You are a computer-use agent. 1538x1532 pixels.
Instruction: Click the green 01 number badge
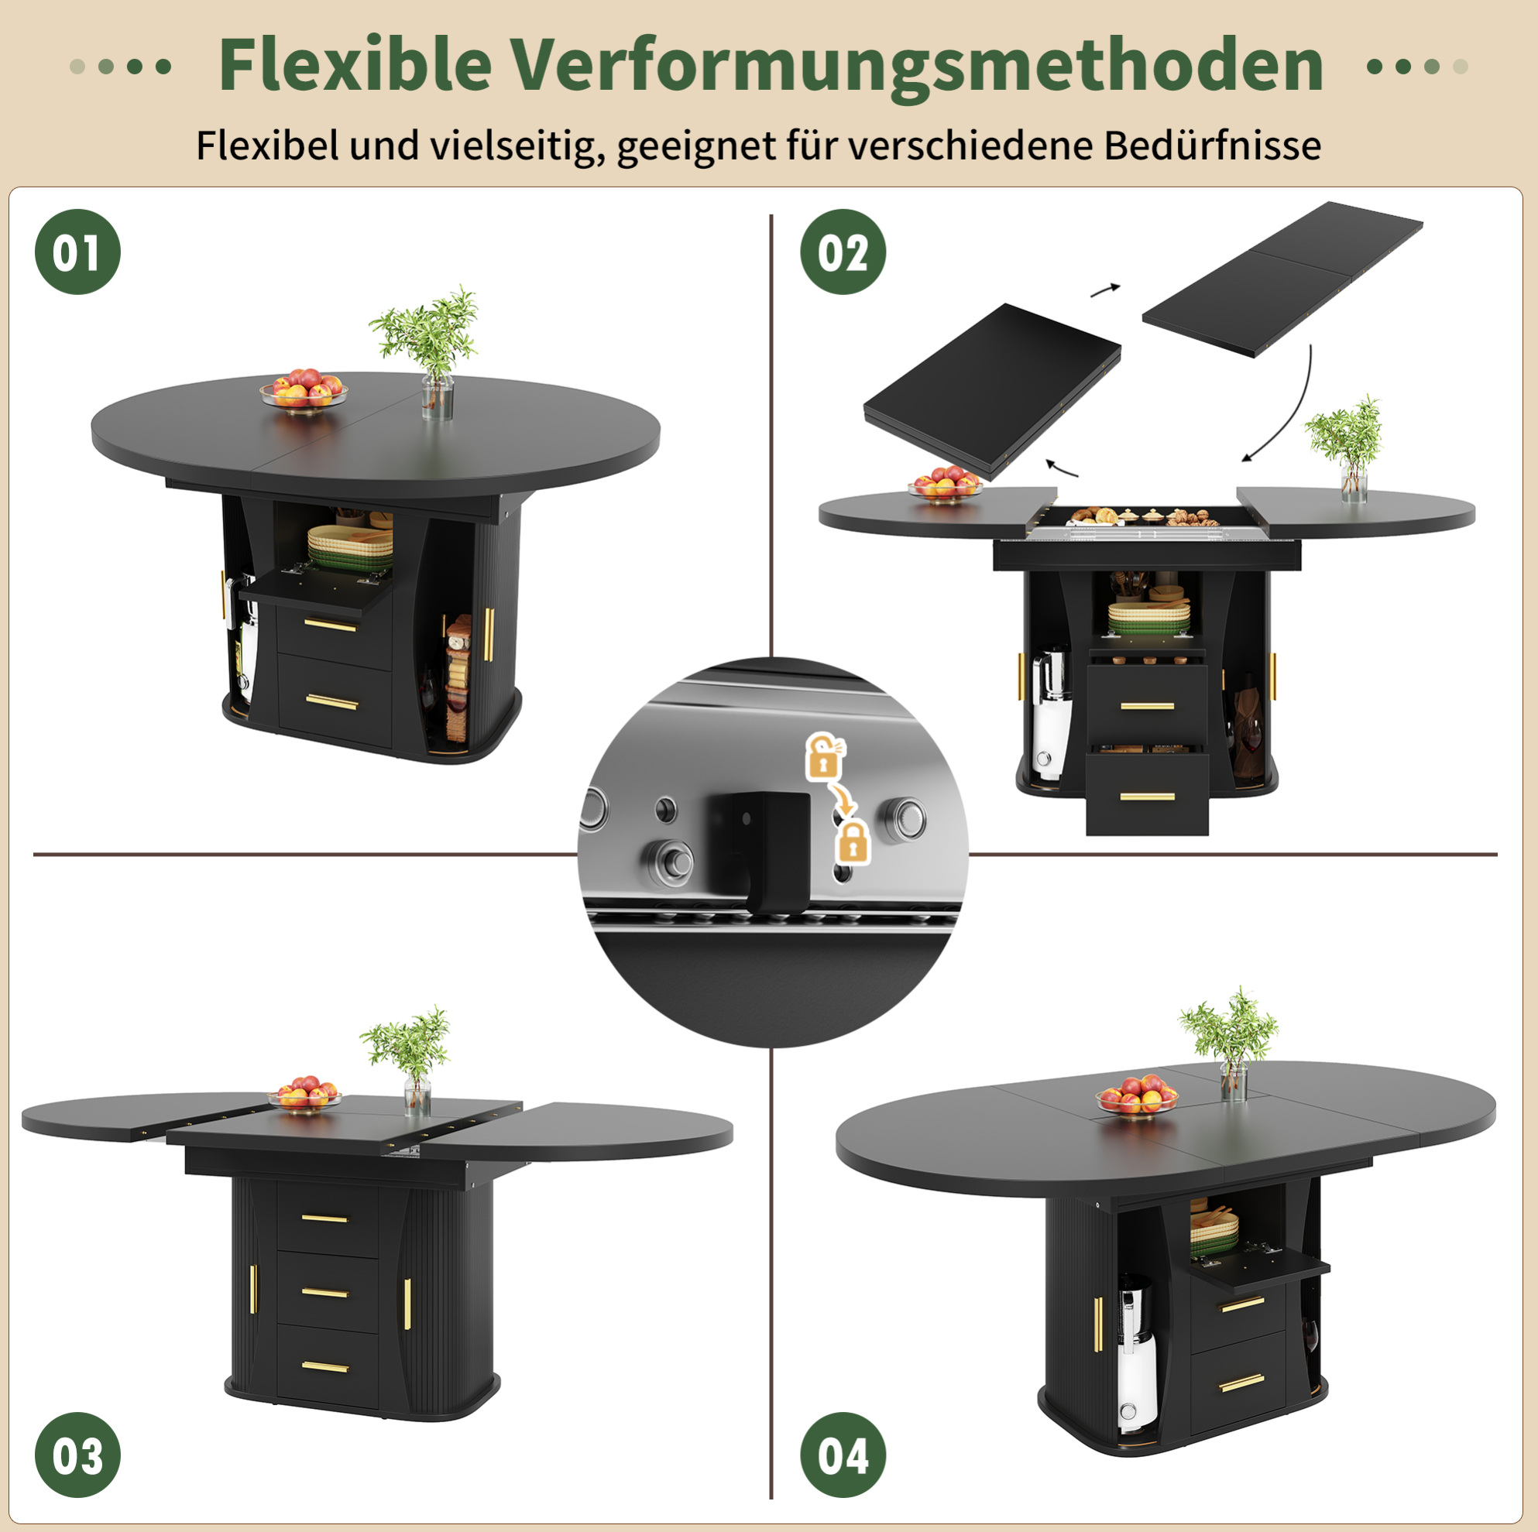77,252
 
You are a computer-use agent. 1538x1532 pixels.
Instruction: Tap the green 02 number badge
843,252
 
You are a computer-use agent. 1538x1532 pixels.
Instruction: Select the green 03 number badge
77,1455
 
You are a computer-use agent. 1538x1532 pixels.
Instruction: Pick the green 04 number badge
843,1455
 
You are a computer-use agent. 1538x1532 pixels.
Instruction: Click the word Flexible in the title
355,65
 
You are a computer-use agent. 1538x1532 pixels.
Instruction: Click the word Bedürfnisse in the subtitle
1212,146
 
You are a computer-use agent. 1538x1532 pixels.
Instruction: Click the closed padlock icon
853,842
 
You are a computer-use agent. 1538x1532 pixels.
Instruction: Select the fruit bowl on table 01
304,389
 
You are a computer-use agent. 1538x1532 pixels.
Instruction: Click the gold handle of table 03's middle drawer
324,1294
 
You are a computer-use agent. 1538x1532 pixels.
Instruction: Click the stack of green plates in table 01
350,547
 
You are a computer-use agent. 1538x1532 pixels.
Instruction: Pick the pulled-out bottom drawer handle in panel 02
1147,796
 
